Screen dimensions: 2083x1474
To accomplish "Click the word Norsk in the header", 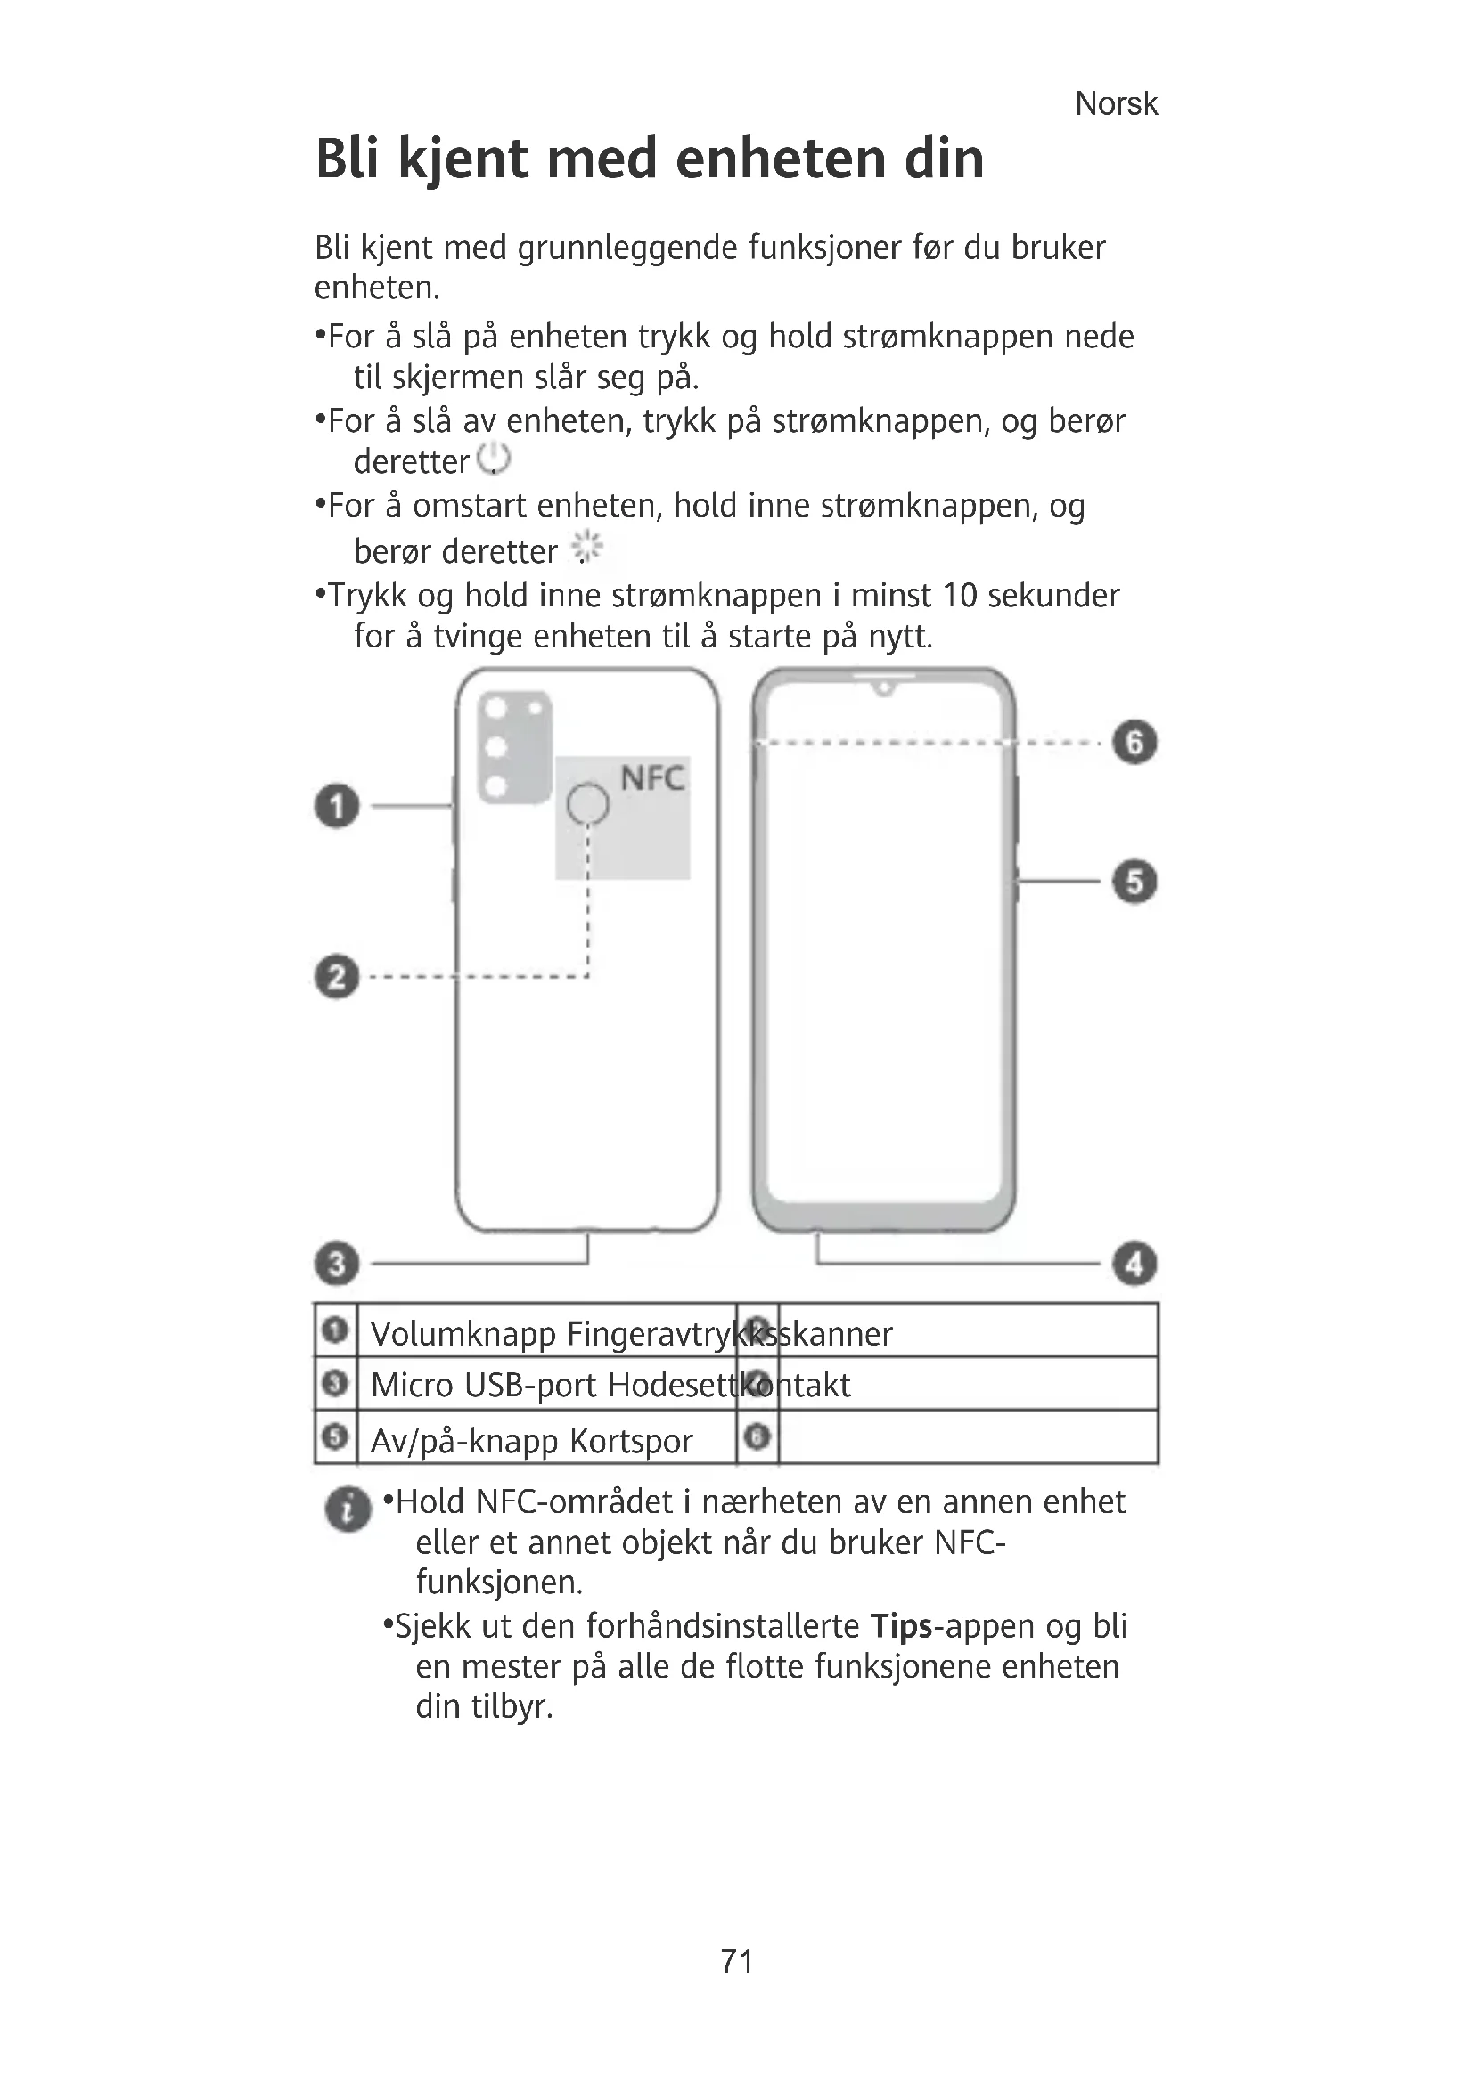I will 1116,104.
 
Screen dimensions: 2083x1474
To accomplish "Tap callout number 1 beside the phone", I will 337,806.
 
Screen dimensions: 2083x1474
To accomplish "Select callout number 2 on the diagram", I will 337,977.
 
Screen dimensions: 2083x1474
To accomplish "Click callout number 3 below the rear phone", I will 337,1263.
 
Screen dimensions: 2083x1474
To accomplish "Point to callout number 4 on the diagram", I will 1134,1263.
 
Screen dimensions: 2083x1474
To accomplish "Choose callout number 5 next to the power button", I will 1134,881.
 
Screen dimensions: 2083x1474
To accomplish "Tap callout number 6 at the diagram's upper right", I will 1134,742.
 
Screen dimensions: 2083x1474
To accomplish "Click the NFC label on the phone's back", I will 651,778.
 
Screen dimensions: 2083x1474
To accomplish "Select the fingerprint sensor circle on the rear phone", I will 588,804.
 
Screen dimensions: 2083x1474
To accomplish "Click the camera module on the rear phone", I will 514,745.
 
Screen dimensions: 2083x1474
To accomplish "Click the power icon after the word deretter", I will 495,459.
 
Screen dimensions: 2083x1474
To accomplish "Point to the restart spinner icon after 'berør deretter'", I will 587,547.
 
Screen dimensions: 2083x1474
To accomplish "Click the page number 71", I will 736,1961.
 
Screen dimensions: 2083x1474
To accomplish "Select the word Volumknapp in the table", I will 463,1334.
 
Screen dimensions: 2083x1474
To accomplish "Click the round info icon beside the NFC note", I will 348,1509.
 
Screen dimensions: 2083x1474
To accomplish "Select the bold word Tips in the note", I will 901,1626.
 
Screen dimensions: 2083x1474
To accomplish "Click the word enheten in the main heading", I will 780,159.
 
